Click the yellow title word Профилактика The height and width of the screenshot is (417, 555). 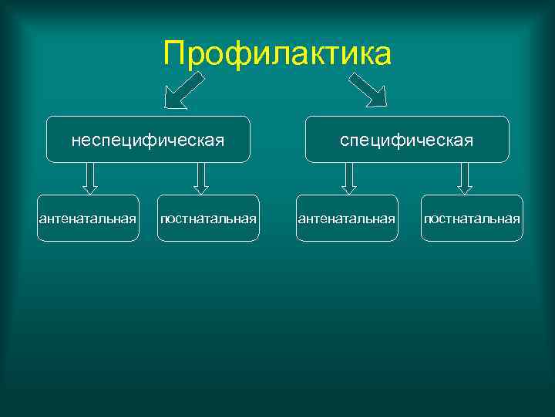pos(277,54)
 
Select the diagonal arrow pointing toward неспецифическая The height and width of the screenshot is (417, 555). pos(185,90)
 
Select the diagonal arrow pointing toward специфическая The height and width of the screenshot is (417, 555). pos(368,90)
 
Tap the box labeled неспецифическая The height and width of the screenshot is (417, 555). pos(148,140)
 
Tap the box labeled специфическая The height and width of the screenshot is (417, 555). pos(407,140)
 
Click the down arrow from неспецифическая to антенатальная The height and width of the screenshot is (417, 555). pos(90,178)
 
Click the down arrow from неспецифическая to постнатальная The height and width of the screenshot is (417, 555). pos(201,178)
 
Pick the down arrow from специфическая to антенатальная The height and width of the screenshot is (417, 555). pos(349,178)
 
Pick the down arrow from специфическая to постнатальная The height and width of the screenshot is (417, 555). pos(465,178)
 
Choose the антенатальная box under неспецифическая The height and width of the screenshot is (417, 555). pos(88,219)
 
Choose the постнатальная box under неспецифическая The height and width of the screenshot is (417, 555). pos(208,219)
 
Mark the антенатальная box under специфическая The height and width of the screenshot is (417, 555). pos(347,219)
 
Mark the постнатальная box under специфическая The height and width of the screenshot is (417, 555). pos(472,219)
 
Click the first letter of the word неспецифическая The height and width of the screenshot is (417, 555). pos(76,141)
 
